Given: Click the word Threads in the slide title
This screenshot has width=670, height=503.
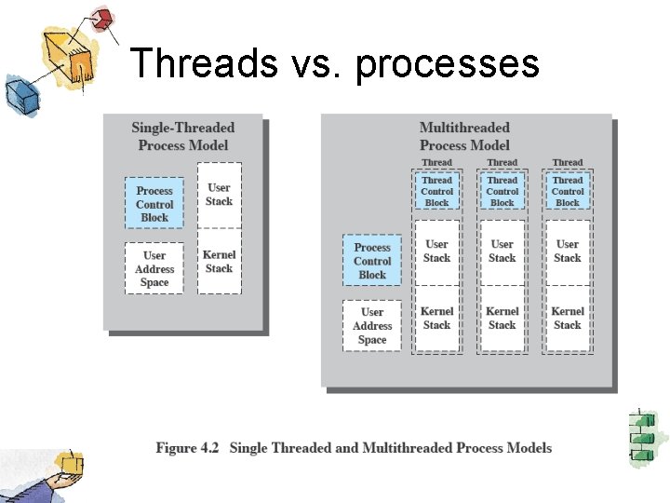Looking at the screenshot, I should click(203, 63).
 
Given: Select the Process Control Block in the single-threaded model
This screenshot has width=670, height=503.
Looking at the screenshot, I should click(154, 204).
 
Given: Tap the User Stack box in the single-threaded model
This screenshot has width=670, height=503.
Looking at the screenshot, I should click(220, 194).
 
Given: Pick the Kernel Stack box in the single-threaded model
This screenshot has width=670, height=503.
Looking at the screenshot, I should click(220, 262).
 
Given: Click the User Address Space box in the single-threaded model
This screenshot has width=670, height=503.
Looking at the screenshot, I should click(154, 268).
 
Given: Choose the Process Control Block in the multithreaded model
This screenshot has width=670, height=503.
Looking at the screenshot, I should click(372, 261).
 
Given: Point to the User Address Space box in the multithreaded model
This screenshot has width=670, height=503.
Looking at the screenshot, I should click(372, 326).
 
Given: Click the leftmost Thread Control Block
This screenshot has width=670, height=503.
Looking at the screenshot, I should click(436, 191).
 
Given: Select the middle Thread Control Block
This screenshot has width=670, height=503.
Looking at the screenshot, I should click(502, 191).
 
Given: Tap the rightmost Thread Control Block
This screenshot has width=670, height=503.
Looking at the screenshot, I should click(568, 191).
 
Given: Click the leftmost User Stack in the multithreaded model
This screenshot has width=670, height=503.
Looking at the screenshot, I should click(436, 251).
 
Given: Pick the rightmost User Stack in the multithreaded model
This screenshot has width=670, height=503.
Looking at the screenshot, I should click(568, 251).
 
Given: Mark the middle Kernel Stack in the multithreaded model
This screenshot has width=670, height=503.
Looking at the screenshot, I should click(502, 319).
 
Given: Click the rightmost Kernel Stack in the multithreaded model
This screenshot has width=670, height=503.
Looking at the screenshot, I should click(568, 319).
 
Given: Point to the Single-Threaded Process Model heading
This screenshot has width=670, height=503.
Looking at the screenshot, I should click(183, 136).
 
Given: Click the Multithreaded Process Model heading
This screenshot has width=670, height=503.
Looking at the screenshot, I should click(464, 136).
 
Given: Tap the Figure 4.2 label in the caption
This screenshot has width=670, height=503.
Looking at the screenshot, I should click(187, 448).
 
